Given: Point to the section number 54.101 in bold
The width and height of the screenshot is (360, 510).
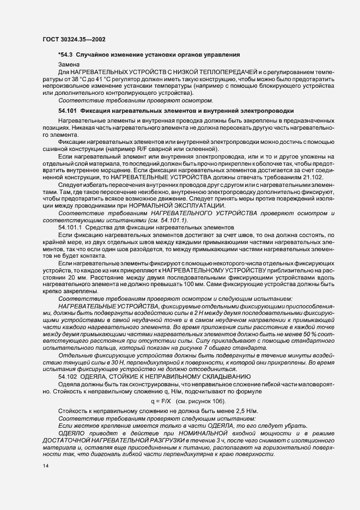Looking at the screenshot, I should [x=67, y=110].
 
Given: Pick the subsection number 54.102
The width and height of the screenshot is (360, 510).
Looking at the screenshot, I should [x=67, y=376].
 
